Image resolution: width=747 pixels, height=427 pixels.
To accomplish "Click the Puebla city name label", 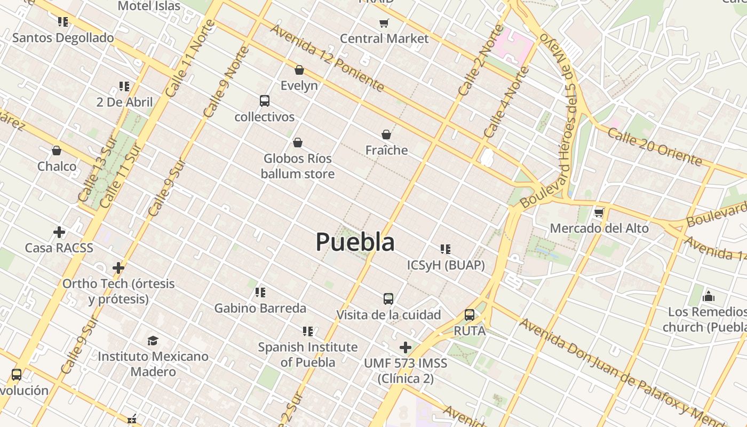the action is (355, 242).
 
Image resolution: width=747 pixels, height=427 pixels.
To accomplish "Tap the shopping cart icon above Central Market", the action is (384, 23).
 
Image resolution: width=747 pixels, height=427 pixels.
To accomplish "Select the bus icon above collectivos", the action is (264, 100).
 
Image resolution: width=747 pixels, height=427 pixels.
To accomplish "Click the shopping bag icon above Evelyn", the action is (299, 70).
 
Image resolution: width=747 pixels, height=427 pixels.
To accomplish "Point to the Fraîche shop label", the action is (386, 151).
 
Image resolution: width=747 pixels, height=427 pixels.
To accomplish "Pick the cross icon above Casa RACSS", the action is (59, 232).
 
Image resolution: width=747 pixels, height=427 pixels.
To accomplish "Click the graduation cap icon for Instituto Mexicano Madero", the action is (153, 341).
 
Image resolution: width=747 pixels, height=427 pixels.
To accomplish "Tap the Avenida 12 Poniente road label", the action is (327, 57).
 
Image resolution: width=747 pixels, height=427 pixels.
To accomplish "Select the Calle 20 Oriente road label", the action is (654, 147).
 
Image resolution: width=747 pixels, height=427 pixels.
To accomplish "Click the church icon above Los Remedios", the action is (709, 296).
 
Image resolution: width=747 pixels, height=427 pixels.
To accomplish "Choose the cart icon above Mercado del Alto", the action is (599, 212).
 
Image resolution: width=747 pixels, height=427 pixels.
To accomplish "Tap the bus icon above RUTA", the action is (470, 315).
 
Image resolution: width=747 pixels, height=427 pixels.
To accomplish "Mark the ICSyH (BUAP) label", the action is (446, 265).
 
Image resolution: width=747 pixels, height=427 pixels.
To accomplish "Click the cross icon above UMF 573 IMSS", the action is (406, 348).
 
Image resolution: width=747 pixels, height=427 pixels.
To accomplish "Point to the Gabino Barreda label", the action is (260, 308).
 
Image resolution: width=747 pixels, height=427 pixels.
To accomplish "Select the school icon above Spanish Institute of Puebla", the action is (308, 331).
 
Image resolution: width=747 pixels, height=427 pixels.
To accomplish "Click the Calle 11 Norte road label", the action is (190, 59).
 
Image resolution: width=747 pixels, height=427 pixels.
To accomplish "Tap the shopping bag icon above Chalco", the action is (57, 151).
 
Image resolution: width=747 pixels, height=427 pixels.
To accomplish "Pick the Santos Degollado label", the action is (63, 38).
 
